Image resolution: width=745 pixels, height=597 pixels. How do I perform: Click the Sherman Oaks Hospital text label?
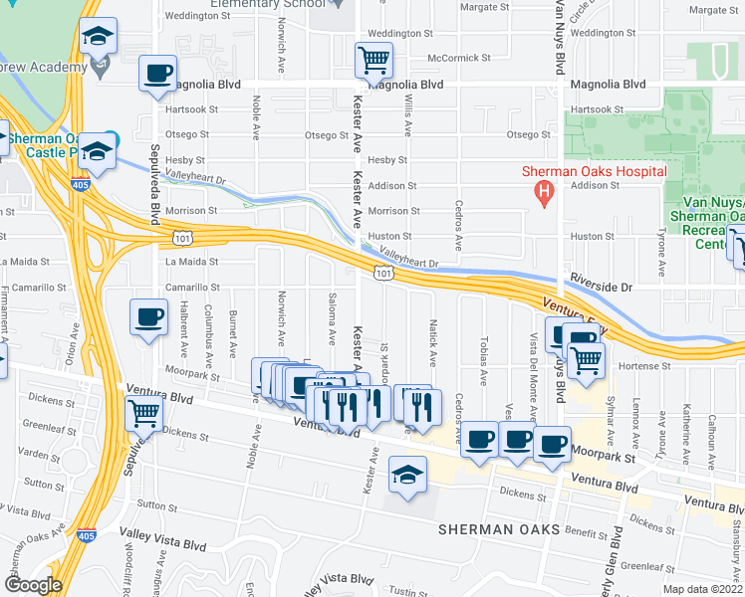pyautogui.click(x=595, y=171)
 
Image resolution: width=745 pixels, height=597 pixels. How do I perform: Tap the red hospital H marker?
pyautogui.click(x=544, y=192)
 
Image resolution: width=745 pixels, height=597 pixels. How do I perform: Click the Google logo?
pyautogui.click(x=33, y=585)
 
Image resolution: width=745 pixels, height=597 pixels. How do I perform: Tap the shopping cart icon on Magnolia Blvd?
pyautogui.click(x=373, y=60)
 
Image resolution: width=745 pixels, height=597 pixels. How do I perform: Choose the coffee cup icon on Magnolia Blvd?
pyautogui.click(x=158, y=74)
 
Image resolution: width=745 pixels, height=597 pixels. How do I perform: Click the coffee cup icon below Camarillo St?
pyautogui.click(x=148, y=318)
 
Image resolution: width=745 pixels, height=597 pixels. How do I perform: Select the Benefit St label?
pyautogui.click(x=600, y=531)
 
